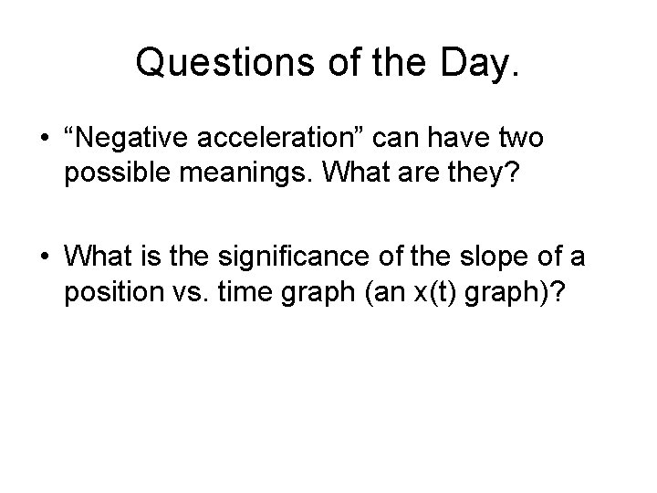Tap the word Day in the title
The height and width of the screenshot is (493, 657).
click(x=474, y=63)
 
